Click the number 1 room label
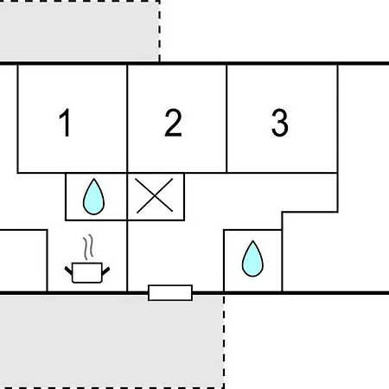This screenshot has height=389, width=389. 65,122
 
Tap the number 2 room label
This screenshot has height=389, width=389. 173,122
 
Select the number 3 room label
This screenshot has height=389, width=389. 279,123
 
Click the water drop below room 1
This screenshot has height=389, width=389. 93,196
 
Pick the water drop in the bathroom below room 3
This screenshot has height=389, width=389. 252,258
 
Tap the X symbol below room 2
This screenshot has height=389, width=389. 155,195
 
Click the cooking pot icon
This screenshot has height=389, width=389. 87,272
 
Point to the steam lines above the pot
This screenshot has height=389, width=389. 88,246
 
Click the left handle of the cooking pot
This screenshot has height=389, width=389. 68,271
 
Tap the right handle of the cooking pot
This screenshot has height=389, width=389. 105,271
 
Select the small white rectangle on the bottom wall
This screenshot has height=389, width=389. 170,293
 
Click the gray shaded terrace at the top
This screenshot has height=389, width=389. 80,31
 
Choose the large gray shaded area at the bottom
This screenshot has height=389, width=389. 112,341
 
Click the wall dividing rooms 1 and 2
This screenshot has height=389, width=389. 127,118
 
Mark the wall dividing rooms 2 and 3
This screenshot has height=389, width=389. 226,118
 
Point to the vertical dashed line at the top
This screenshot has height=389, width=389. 159,31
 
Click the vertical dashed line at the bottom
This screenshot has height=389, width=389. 224,341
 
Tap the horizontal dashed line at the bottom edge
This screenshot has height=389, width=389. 112,388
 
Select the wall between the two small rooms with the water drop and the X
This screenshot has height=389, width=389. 127,196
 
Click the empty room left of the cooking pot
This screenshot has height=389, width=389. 23,261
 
